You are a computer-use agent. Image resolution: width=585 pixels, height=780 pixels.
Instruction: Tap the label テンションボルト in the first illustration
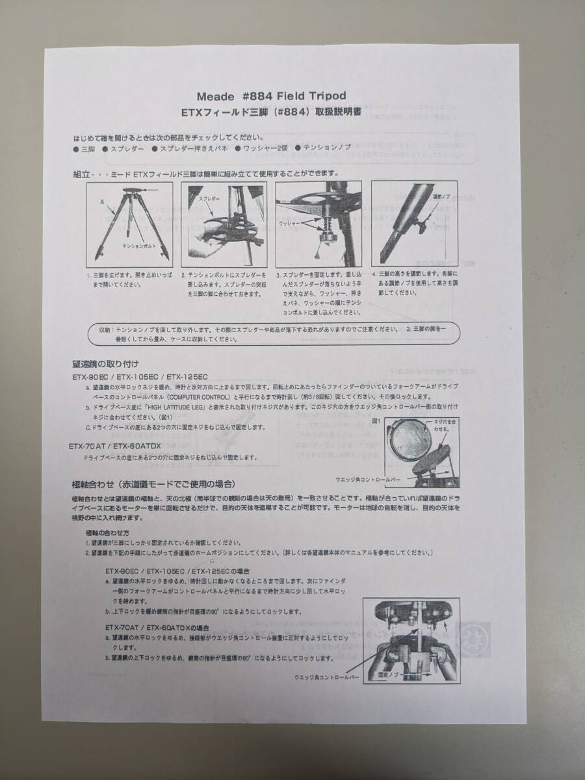(x=138, y=247)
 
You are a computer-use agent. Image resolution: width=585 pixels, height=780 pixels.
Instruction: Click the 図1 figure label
(x=376, y=421)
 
